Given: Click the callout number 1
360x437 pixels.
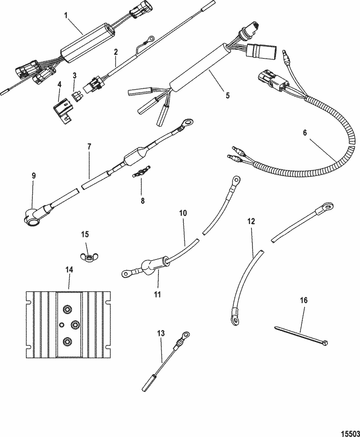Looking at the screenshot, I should (x=67, y=16).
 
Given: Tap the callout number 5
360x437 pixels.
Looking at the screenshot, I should (x=228, y=95).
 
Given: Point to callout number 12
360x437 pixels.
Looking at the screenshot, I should (x=251, y=222).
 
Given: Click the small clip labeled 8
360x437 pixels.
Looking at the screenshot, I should (x=141, y=172).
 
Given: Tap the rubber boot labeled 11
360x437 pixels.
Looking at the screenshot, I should (x=150, y=265).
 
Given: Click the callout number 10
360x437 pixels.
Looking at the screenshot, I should (x=183, y=213).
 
